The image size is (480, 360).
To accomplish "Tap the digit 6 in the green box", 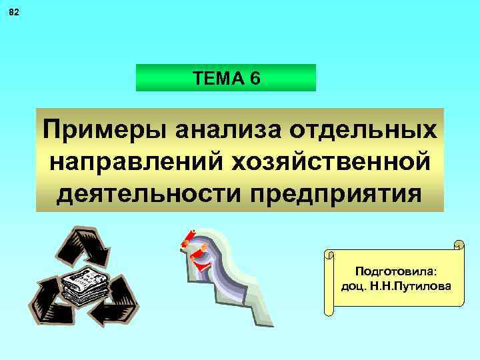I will click(x=256, y=79).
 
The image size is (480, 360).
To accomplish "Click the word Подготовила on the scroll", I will click(x=396, y=271).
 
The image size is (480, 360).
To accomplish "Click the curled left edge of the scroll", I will click(x=328, y=283).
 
